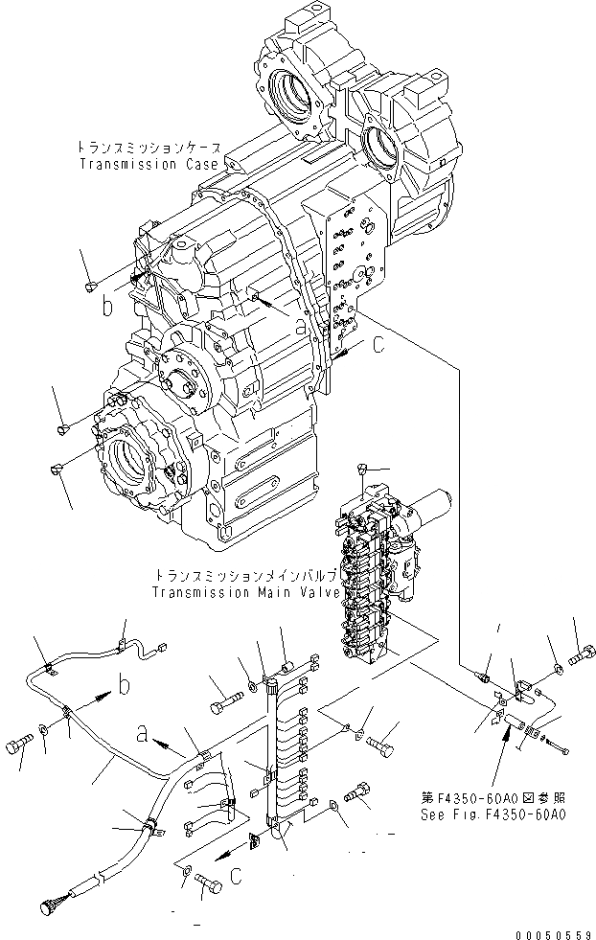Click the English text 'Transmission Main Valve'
pos(246,592)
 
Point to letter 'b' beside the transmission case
pos(108,309)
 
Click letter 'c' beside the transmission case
pos(380,344)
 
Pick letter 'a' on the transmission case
pos(300,327)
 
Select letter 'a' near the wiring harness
pos(143,735)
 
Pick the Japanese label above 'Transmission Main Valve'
pos(245,576)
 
